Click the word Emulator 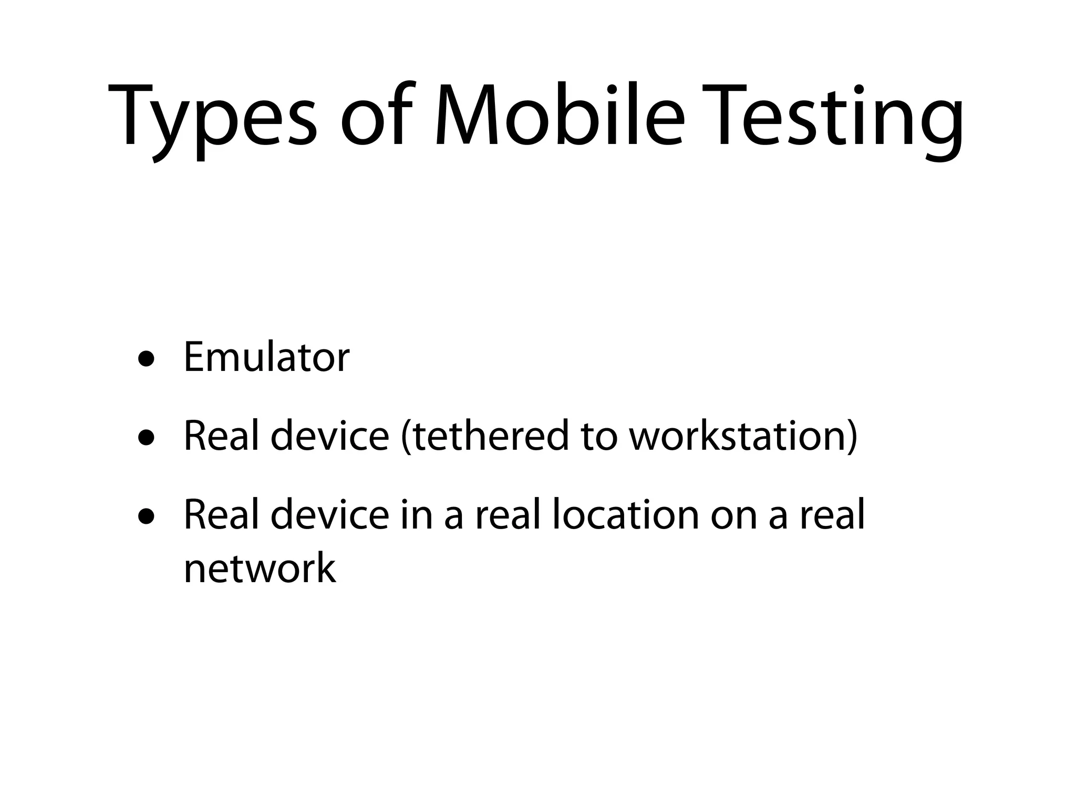pyautogui.click(x=266, y=357)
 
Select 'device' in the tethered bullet pyautogui.click(x=329, y=436)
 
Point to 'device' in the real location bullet pyautogui.click(x=329, y=514)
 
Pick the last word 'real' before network pyautogui.click(x=832, y=514)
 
